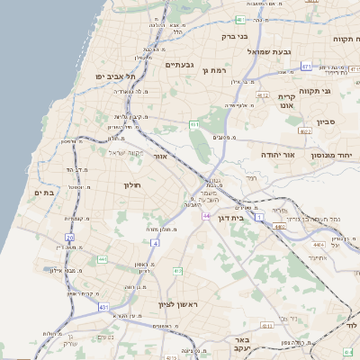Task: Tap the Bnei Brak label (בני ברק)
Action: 236,37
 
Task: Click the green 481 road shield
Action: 240,20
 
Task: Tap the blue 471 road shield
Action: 307,67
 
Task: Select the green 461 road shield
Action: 194,123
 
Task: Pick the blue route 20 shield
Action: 69,237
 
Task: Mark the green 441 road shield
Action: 102,260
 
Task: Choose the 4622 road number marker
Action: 306,131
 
